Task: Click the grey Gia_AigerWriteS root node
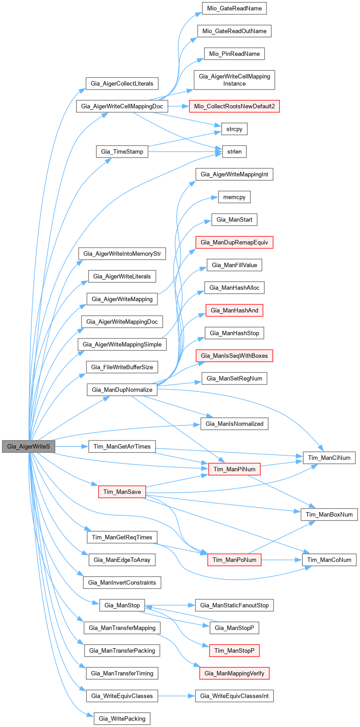(28, 446)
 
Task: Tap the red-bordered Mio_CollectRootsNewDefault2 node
(234, 106)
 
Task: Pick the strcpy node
(234, 129)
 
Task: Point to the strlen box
(234, 151)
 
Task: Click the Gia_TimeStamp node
(122, 151)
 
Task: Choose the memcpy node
(234, 197)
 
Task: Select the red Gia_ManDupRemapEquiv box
(234, 242)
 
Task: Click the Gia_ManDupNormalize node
(122, 389)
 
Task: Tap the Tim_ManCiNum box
(330, 458)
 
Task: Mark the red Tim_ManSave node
(122, 492)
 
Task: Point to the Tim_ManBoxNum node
(329, 514)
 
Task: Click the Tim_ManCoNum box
(329, 560)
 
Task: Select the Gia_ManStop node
(122, 605)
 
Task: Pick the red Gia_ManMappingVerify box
(234, 673)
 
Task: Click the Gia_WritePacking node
(122, 718)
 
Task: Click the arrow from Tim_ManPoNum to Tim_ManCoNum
(282, 560)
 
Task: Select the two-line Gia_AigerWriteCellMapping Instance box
(234, 80)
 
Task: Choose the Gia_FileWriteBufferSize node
(122, 367)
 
